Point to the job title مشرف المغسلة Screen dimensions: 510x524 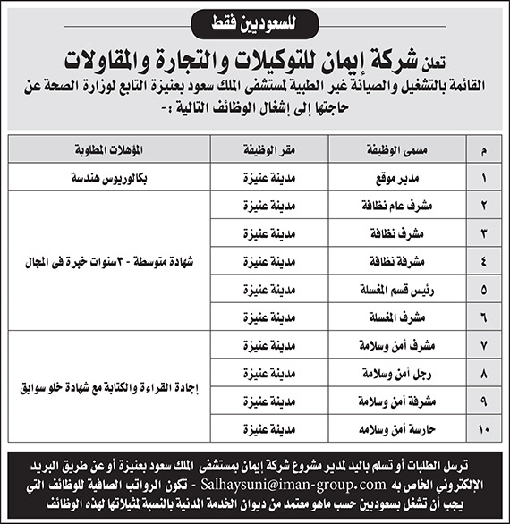tap(392, 318)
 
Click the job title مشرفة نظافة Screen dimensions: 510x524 tap(392, 262)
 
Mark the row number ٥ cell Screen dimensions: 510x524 tap(484, 290)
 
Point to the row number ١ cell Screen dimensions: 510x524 tap(484, 177)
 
